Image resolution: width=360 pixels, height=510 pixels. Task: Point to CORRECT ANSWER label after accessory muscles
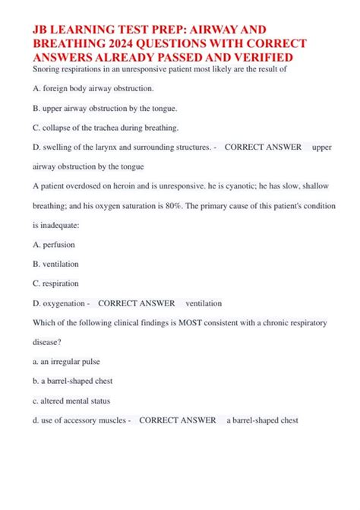(178, 420)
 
